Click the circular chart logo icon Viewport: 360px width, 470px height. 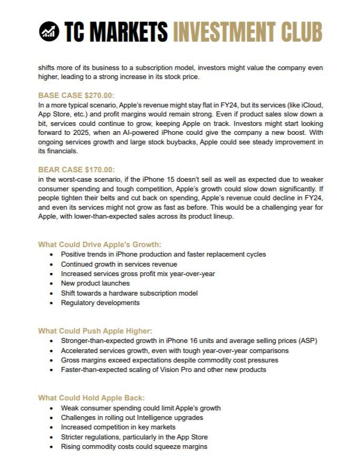tap(49, 32)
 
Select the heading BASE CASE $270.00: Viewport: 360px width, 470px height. tap(76, 95)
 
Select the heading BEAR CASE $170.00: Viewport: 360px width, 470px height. tap(76, 170)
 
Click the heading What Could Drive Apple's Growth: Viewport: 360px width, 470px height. tap(100, 244)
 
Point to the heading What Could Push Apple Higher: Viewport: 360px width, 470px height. tap(95, 331)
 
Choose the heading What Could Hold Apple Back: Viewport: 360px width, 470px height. tap(91, 398)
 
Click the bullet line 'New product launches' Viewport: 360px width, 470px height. tap(95, 283)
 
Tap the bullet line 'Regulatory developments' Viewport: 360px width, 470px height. tap(100, 302)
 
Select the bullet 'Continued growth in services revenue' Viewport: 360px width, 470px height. tap(119, 264)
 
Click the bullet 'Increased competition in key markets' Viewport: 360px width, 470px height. tap(118, 427)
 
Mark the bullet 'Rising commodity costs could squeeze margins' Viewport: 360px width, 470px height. tap(134, 446)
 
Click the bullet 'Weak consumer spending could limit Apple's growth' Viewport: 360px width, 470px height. tap(141, 408)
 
